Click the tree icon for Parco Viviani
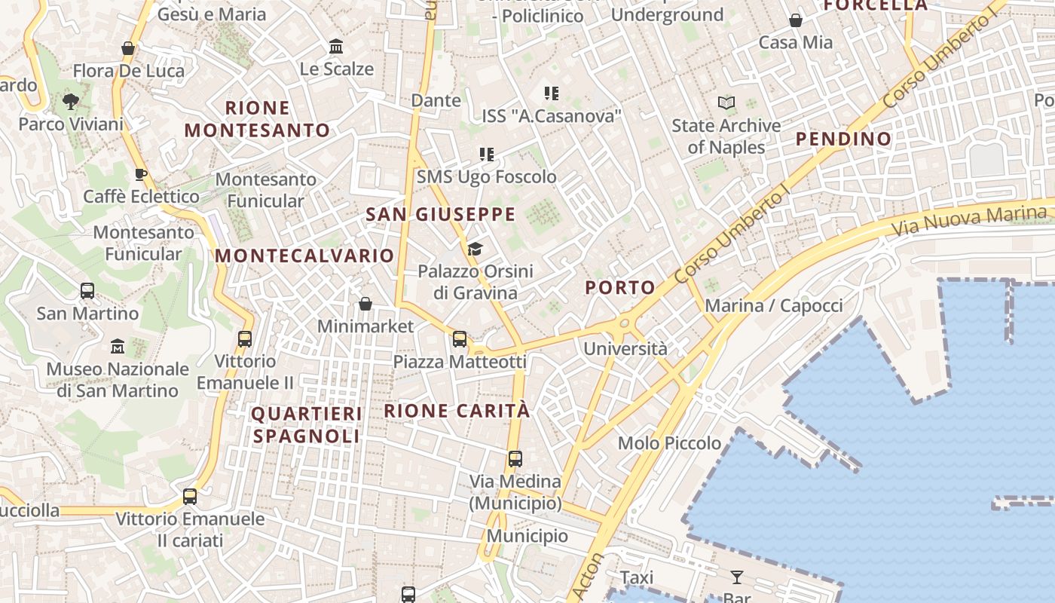pos(71,101)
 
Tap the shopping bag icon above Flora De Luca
pos(128,48)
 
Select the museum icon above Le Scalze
pos(336,47)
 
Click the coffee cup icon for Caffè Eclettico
pos(141,175)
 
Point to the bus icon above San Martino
pos(87,291)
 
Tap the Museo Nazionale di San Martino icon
pos(118,347)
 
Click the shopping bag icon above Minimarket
pos(365,304)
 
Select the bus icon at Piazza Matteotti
pos(460,339)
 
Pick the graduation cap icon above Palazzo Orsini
pos(475,249)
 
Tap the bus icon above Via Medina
pos(515,458)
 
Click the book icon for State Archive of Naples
pos(726,103)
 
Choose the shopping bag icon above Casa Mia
pos(796,20)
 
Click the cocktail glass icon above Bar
pos(737,577)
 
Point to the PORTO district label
pos(620,287)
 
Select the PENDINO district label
pos(843,139)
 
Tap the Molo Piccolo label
pos(669,443)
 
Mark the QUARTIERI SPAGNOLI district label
pos(306,424)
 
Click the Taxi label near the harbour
pos(637,577)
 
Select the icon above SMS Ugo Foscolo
pos(487,155)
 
